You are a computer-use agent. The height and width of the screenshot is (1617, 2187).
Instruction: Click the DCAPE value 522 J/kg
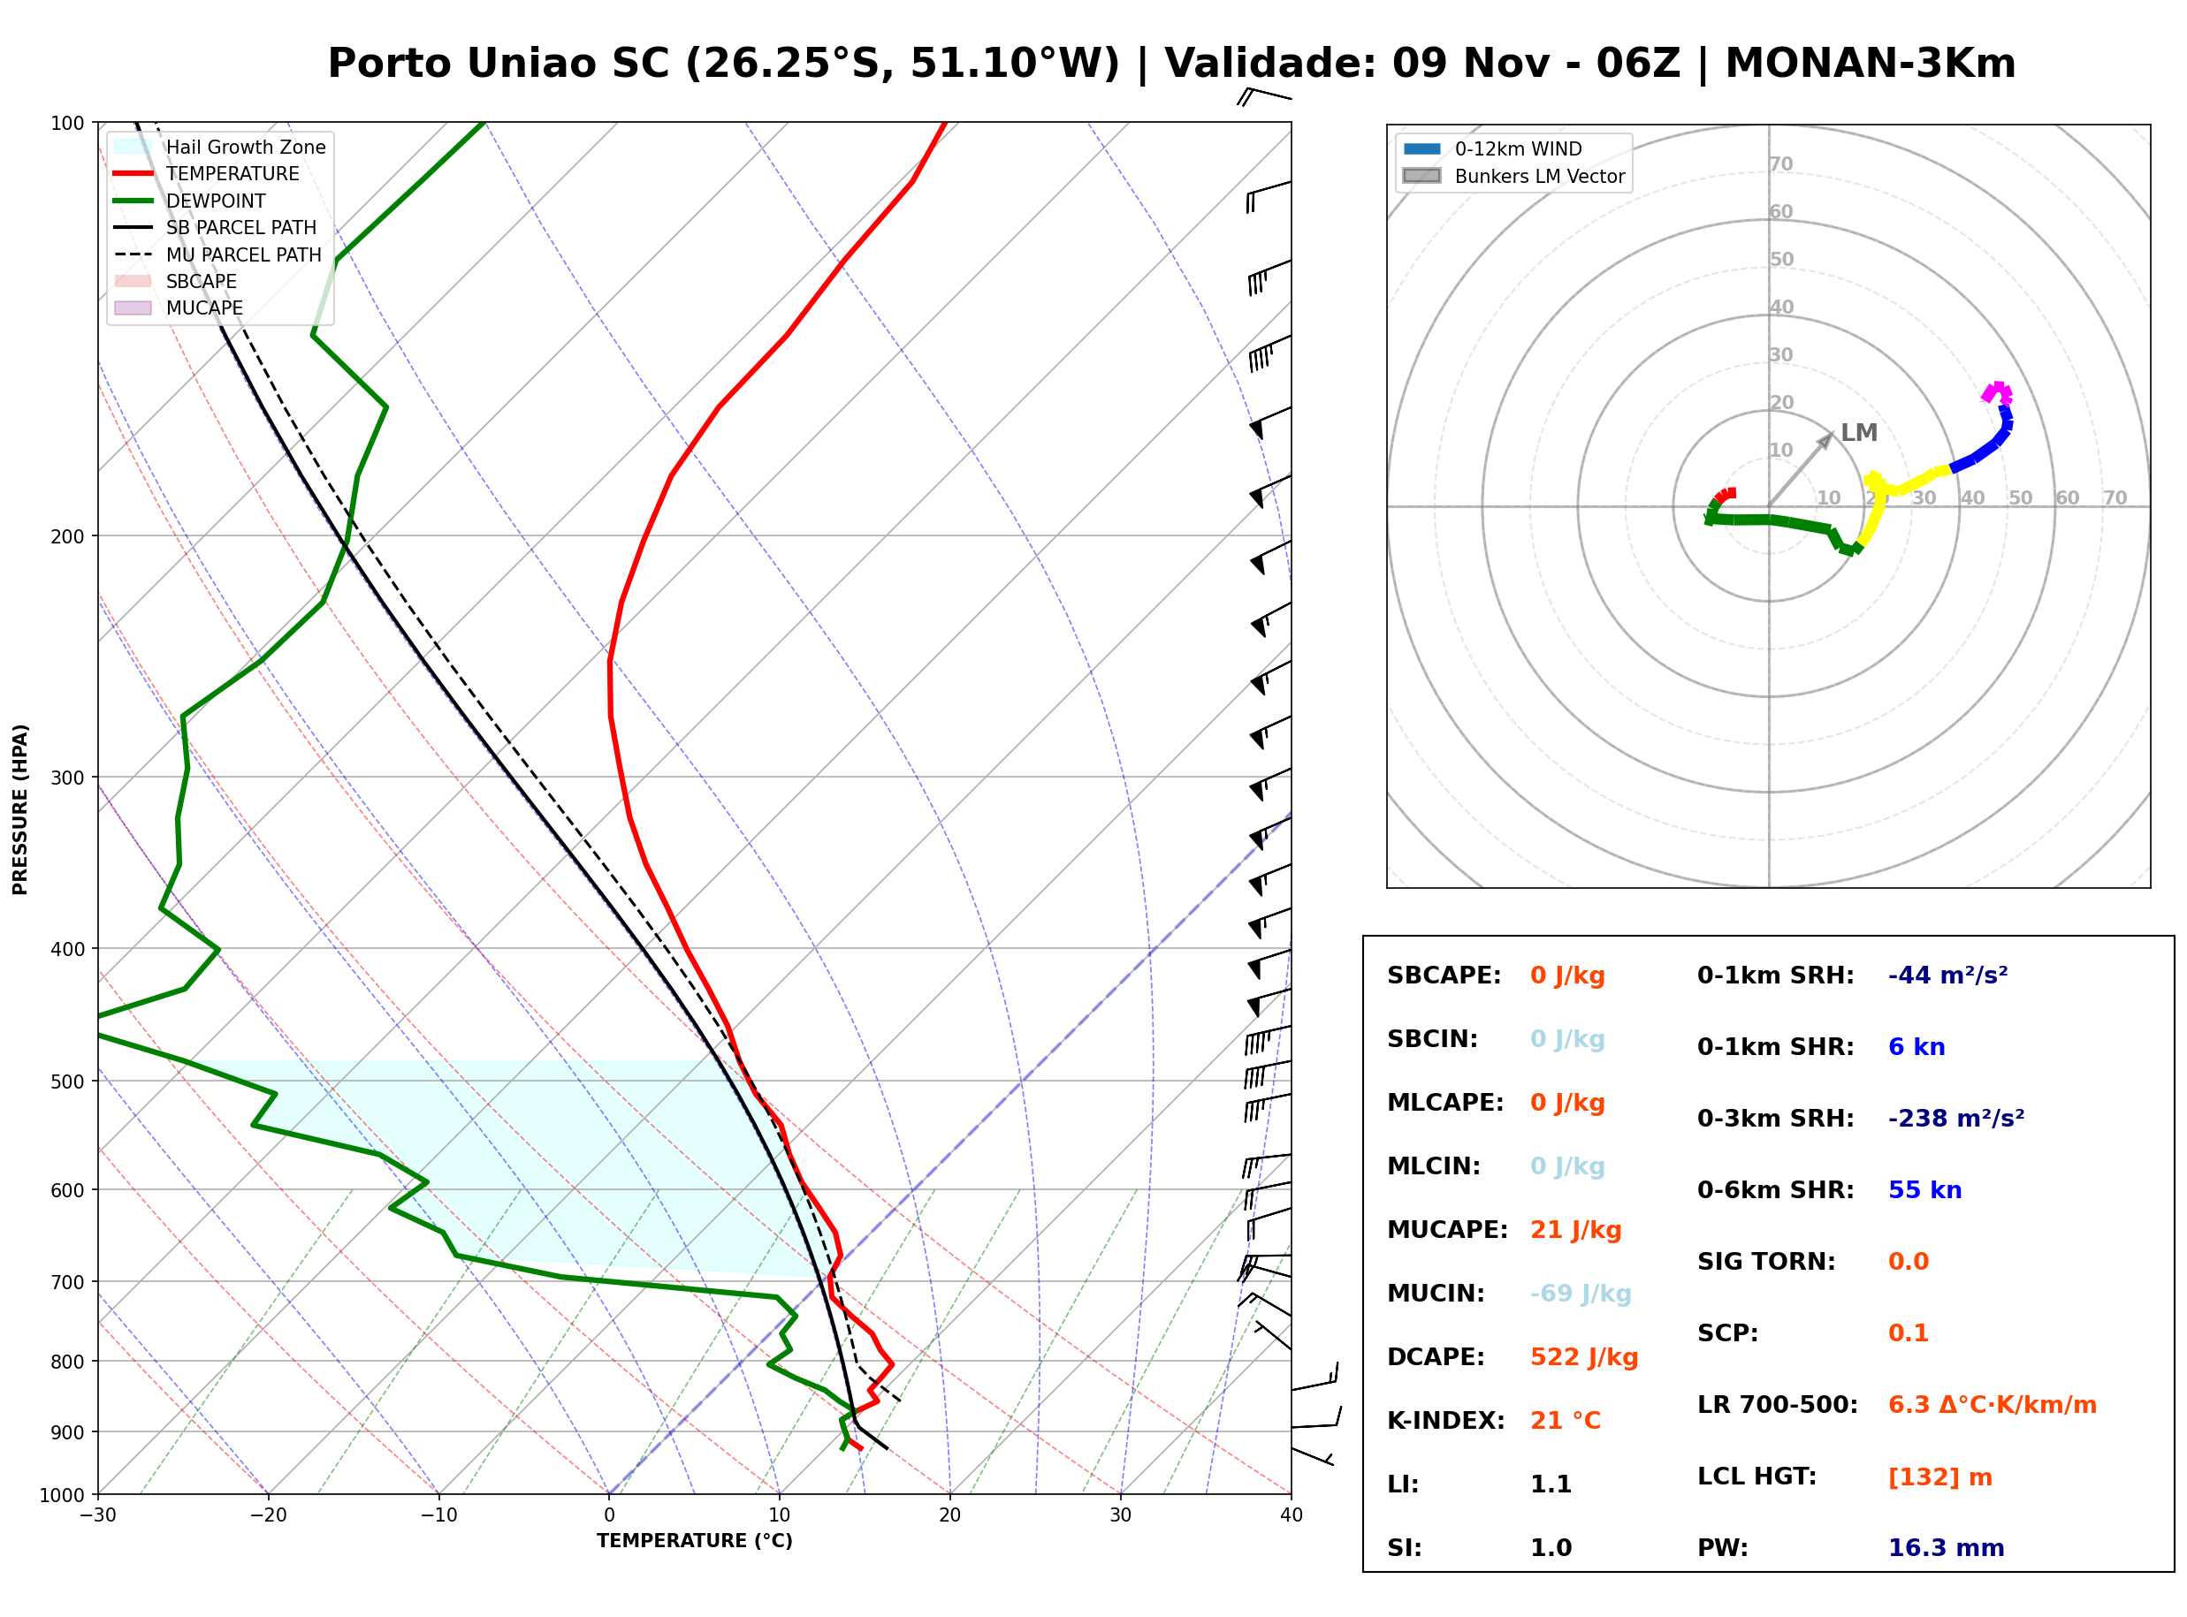tap(1584, 1356)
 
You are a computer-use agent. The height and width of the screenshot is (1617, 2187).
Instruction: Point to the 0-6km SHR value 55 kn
tap(1924, 1189)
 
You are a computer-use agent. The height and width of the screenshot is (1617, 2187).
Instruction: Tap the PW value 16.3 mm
tap(1947, 1547)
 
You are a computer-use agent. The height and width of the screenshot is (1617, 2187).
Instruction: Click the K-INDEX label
tap(1446, 1420)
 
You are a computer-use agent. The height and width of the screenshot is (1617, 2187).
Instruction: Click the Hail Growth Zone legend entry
tap(220, 147)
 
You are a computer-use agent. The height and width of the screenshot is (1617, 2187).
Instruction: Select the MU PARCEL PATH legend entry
tap(218, 254)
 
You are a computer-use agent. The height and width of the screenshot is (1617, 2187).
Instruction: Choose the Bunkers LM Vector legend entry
tap(1513, 176)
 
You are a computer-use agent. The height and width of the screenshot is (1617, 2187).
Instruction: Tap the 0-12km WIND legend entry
tap(1492, 148)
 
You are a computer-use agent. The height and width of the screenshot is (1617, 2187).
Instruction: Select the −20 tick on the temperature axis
tap(268, 1515)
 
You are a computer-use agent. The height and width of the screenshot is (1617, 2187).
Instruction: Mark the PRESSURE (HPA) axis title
tap(20, 808)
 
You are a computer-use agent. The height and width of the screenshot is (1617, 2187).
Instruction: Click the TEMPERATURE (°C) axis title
tap(694, 1541)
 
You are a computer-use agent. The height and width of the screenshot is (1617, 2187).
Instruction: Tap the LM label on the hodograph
tap(1858, 433)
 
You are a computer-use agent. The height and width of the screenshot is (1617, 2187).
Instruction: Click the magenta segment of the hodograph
tap(1997, 392)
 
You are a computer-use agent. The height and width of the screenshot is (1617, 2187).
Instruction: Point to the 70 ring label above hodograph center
tap(1780, 163)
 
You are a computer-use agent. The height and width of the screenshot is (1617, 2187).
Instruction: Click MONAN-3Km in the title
tap(1870, 64)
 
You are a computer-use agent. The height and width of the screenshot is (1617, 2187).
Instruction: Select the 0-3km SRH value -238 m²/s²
tap(1956, 1118)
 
